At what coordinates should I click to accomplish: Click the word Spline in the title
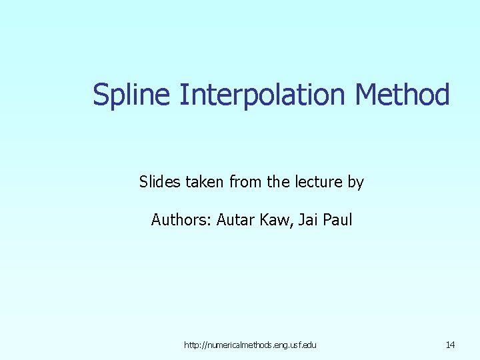[132, 95]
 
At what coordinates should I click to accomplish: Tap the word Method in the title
[403, 95]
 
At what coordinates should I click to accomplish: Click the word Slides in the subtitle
[159, 181]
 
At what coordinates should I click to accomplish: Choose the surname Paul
[337, 219]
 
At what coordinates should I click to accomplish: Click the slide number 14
[450, 345]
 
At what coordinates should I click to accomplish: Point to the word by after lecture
[356, 181]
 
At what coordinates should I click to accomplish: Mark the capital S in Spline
[101, 95]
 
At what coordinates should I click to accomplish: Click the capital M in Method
[367, 95]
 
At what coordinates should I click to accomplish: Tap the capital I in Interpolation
[182, 95]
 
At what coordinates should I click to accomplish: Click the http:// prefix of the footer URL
[194, 345]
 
